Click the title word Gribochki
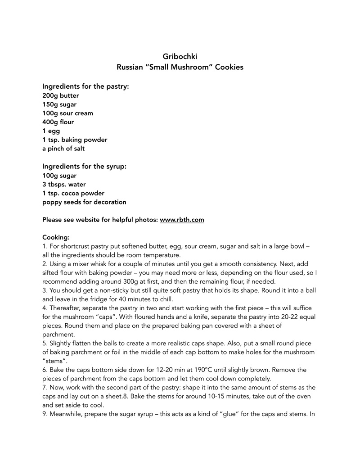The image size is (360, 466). coord(180,56)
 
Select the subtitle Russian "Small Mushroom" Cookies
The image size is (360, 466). coord(180,68)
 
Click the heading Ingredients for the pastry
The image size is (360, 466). coord(85,86)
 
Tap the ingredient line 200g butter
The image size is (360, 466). coord(60,95)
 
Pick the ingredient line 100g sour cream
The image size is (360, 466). coord(67,113)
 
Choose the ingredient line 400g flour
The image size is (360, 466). coord(58,122)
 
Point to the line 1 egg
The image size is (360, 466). coord(51,131)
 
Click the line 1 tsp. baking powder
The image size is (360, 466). coord(75,140)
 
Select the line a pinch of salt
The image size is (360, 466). coord(63,149)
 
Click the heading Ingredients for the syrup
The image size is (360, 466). coord(84,166)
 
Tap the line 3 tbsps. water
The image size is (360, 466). coord(64,185)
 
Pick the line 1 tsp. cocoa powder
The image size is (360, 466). coord(73,193)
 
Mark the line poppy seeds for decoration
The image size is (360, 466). coord(84,202)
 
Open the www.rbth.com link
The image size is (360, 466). coord(182,220)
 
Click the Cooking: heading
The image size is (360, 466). coord(56,237)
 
